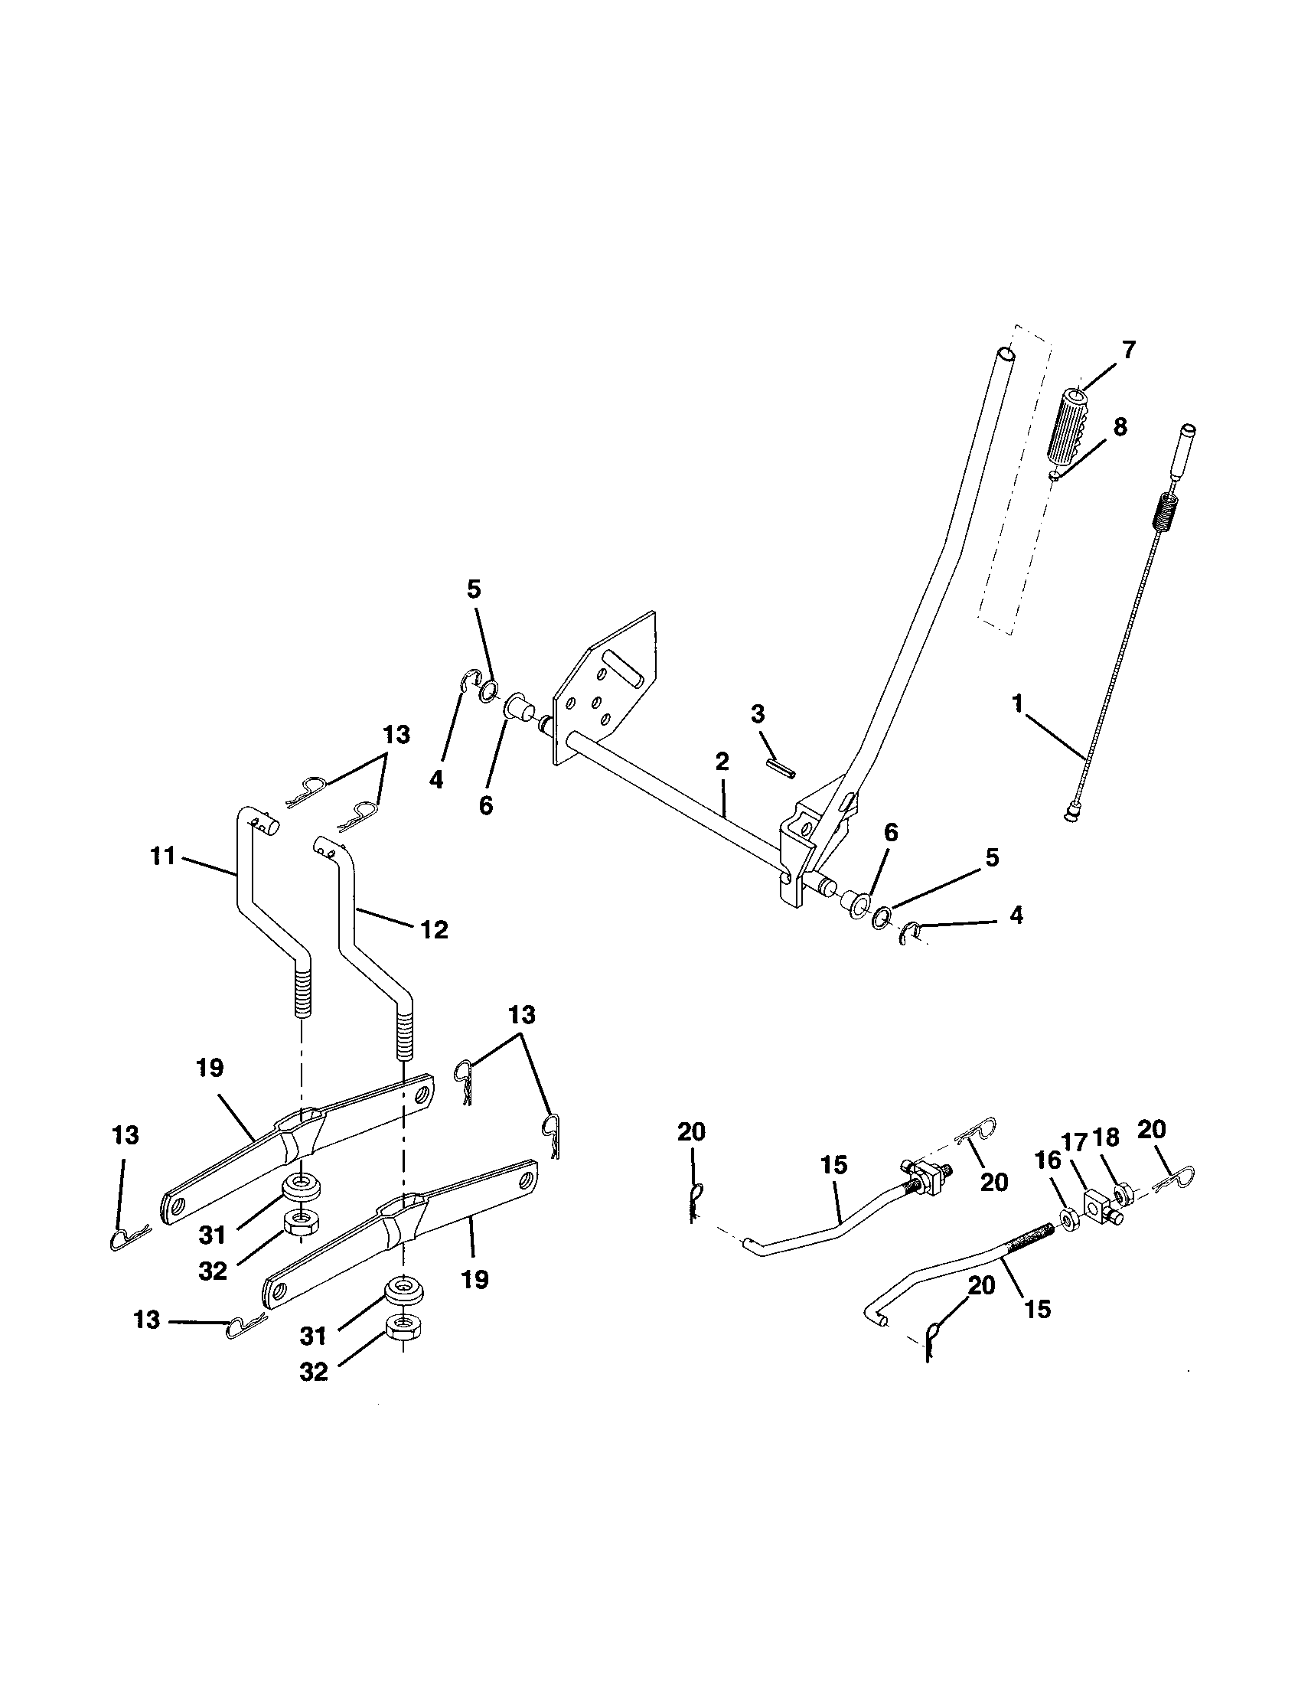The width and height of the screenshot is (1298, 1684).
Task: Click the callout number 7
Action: coord(1128,350)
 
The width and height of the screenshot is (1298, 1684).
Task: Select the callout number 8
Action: coord(1120,426)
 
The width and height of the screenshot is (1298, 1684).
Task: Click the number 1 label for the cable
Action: coord(1018,703)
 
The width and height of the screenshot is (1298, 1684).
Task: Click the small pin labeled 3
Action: coord(780,766)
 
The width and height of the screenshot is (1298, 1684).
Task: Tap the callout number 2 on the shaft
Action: coord(722,762)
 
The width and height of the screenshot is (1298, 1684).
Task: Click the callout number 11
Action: coord(163,856)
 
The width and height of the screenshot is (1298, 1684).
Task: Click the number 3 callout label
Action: coord(758,714)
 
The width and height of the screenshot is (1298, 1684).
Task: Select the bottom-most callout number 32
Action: coord(314,1371)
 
